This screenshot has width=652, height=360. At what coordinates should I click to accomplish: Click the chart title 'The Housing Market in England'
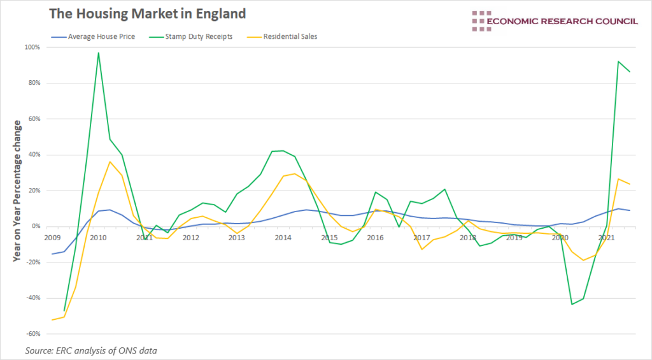pyautogui.click(x=147, y=13)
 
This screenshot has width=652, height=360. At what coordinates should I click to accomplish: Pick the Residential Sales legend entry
pyautogui.click(x=289, y=37)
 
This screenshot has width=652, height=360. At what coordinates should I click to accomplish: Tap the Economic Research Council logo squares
pyautogui.click(x=478, y=21)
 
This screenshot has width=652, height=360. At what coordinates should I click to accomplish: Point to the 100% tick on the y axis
pyautogui.click(x=32, y=47)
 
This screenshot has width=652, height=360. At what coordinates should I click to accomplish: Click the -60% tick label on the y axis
pyautogui.click(x=32, y=334)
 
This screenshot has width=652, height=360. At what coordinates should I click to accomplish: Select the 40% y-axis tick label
pyautogui.click(x=34, y=155)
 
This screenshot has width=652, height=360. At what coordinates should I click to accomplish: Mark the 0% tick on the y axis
pyautogui.click(x=36, y=226)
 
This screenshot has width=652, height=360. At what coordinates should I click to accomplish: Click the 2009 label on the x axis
pyautogui.click(x=52, y=237)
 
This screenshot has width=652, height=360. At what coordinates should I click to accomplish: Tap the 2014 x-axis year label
pyautogui.click(x=283, y=237)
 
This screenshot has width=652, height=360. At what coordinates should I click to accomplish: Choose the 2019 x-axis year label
pyautogui.click(x=514, y=237)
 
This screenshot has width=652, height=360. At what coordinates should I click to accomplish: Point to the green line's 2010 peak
pyautogui.click(x=98, y=53)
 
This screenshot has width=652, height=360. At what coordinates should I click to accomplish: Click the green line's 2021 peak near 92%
pyautogui.click(x=618, y=62)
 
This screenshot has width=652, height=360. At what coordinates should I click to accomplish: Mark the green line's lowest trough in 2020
pyautogui.click(x=572, y=304)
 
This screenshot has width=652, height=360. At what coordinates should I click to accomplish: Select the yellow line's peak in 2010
pyautogui.click(x=110, y=162)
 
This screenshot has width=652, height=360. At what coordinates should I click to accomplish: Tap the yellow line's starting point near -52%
pyautogui.click(x=52, y=320)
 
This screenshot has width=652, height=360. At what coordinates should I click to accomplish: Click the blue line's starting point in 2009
pyautogui.click(x=52, y=254)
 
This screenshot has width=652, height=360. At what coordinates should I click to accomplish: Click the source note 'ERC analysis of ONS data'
pyautogui.click(x=91, y=350)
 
